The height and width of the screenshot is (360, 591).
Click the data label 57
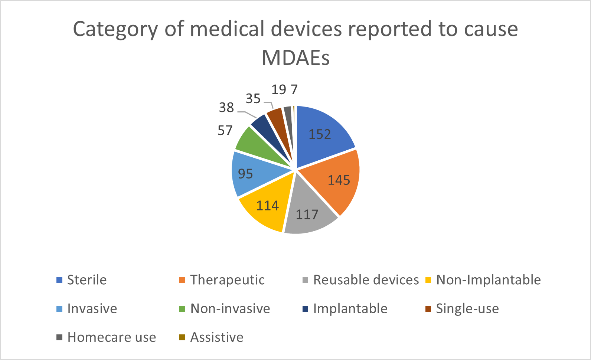click(x=225, y=131)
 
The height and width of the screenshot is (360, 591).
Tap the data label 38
click(x=226, y=108)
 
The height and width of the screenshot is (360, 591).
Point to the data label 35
click(x=253, y=99)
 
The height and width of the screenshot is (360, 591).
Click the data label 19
click(x=279, y=90)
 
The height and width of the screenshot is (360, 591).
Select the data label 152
click(x=320, y=134)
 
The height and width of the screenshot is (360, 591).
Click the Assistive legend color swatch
click(x=182, y=337)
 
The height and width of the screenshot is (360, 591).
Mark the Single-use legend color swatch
click(x=428, y=309)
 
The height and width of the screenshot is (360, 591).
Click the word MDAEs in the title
click(x=295, y=58)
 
